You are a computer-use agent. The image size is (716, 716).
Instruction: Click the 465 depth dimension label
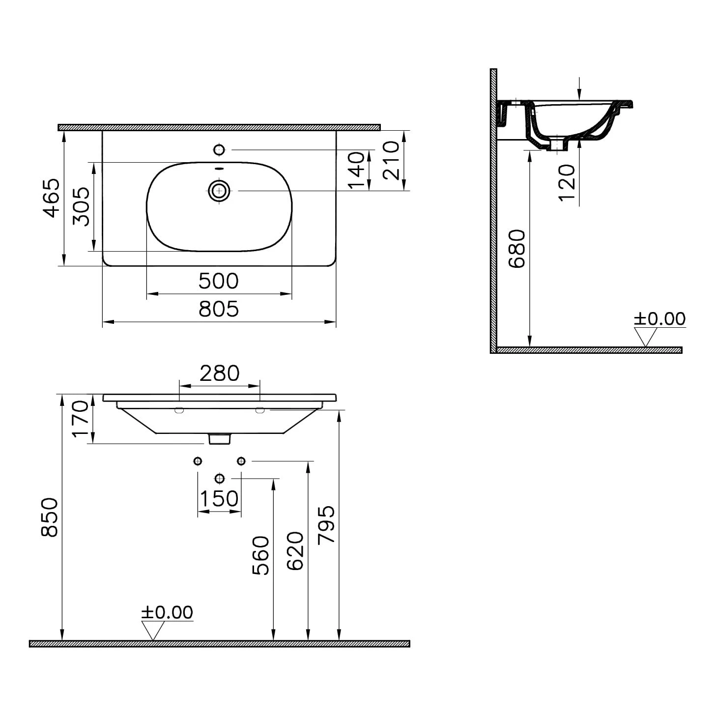coord(51,198)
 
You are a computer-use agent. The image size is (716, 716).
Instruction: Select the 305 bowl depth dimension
coord(81,206)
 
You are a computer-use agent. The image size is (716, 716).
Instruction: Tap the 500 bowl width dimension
coord(219,281)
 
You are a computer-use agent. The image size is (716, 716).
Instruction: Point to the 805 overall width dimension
coord(219,309)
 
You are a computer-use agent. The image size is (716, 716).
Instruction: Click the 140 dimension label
coord(356,170)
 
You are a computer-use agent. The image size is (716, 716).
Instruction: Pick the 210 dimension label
coord(391,161)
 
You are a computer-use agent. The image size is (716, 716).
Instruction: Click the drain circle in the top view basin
coord(219,191)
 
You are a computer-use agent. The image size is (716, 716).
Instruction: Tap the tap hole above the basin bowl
coord(219,150)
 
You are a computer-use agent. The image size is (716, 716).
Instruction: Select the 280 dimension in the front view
coord(220,373)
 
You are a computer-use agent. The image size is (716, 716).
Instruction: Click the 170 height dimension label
coord(80,419)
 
